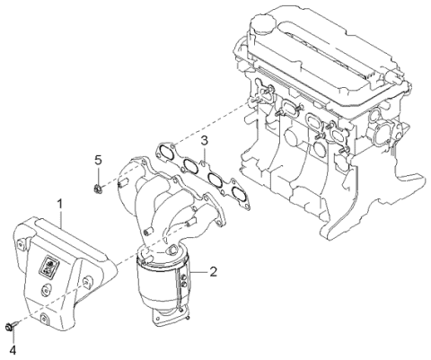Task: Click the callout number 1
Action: (x=60, y=206)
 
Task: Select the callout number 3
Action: (x=205, y=141)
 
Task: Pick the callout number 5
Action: (x=98, y=160)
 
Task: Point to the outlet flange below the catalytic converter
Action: (x=171, y=316)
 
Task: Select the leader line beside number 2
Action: (x=198, y=270)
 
